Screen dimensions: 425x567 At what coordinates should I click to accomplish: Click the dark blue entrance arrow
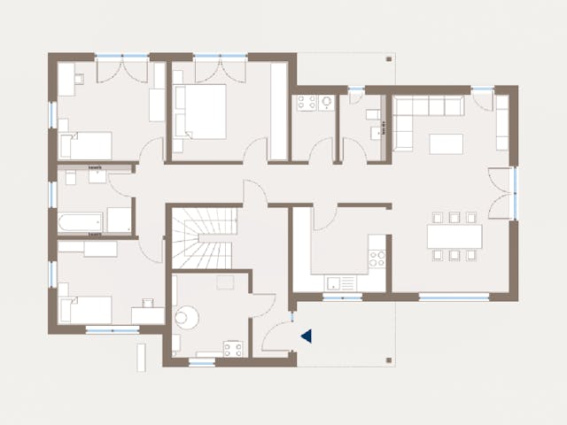pyautogui.click(x=307, y=336)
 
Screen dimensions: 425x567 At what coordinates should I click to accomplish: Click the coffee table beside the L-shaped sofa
pyautogui.click(x=447, y=143)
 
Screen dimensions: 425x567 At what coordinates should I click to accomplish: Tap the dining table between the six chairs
pyautogui.click(x=454, y=236)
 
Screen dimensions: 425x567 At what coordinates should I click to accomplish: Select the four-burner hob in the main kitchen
pyautogui.click(x=377, y=259)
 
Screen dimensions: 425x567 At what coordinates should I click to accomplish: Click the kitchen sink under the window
pyautogui.click(x=339, y=283)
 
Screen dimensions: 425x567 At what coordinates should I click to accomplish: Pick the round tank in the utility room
pyautogui.click(x=188, y=316)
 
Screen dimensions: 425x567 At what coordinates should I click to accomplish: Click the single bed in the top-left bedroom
pyautogui.click(x=86, y=144)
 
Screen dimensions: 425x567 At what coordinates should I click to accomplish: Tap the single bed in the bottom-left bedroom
pyautogui.click(x=86, y=309)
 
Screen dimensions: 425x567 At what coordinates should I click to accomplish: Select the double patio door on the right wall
pyautogui.click(x=501, y=193)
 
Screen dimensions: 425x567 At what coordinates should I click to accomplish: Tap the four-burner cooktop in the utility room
pyautogui.click(x=233, y=348)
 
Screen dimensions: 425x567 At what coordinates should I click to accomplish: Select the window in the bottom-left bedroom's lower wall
pyautogui.click(x=112, y=330)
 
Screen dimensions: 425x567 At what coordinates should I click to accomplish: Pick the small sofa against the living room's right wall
pyautogui.click(x=501, y=122)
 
